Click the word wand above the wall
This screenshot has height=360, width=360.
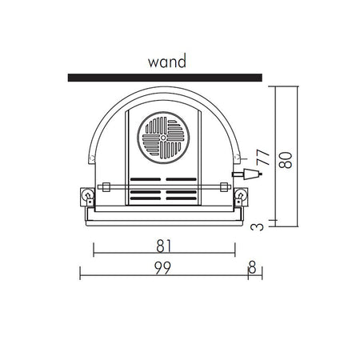click(x=167, y=61)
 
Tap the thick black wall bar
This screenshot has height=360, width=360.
click(x=165, y=78)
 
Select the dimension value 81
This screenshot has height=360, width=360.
click(x=164, y=246)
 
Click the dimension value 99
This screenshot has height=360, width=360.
click(x=162, y=268)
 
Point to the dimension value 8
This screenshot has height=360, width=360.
click(x=252, y=266)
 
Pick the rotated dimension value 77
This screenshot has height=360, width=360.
click(x=263, y=158)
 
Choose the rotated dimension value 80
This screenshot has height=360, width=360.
click(x=286, y=160)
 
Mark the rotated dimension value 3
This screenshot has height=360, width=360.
click(x=257, y=227)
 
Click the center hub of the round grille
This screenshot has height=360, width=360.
click(x=163, y=138)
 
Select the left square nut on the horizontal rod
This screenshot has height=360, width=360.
click(x=106, y=187)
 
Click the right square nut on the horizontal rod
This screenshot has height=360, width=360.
click(x=224, y=187)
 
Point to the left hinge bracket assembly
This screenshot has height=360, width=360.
click(x=87, y=197)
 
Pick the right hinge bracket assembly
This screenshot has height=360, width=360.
click(x=241, y=197)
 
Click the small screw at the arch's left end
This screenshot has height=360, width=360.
click(x=92, y=158)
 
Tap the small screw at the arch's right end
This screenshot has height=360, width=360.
click(x=236, y=157)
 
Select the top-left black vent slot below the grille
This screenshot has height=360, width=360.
click(x=146, y=179)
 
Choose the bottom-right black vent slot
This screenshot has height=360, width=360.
click(x=182, y=198)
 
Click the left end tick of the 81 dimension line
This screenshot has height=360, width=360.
click(x=94, y=250)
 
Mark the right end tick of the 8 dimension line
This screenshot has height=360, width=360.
click(x=262, y=273)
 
